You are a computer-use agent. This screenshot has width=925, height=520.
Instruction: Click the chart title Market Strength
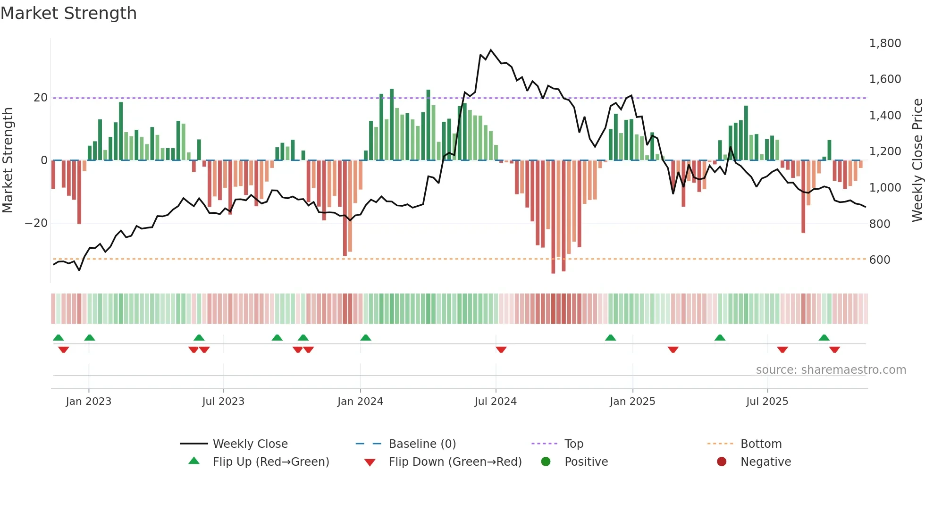(x=68, y=13)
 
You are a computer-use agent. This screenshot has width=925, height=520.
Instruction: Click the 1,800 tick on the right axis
(x=885, y=43)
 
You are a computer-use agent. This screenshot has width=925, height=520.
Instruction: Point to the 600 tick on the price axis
(x=880, y=260)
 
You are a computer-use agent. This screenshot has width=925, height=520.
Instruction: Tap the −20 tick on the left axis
(x=36, y=223)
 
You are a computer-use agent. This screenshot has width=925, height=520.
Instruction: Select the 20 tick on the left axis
(x=41, y=98)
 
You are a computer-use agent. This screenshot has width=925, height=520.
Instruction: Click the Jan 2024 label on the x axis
(x=360, y=402)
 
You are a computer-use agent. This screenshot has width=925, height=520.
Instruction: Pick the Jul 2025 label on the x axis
(x=767, y=402)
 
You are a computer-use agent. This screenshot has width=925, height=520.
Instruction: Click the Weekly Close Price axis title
(x=917, y=160)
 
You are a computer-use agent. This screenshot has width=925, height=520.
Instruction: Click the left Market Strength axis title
(x=8, y=160)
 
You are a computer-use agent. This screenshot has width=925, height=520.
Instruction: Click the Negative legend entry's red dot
(x=722, y=462)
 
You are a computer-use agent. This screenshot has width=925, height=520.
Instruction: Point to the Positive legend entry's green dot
(x=546, y=462)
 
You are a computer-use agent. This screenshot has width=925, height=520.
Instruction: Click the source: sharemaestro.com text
(x=831, y=370)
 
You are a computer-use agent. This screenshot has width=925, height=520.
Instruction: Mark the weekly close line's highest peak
(x=491, y=50)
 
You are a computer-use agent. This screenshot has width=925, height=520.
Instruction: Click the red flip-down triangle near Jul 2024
(x=501, y=350)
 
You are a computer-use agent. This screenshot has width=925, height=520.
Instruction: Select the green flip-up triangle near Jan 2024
(x=366, y=337)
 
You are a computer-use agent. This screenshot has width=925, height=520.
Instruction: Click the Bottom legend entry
(x=761, y=444)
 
